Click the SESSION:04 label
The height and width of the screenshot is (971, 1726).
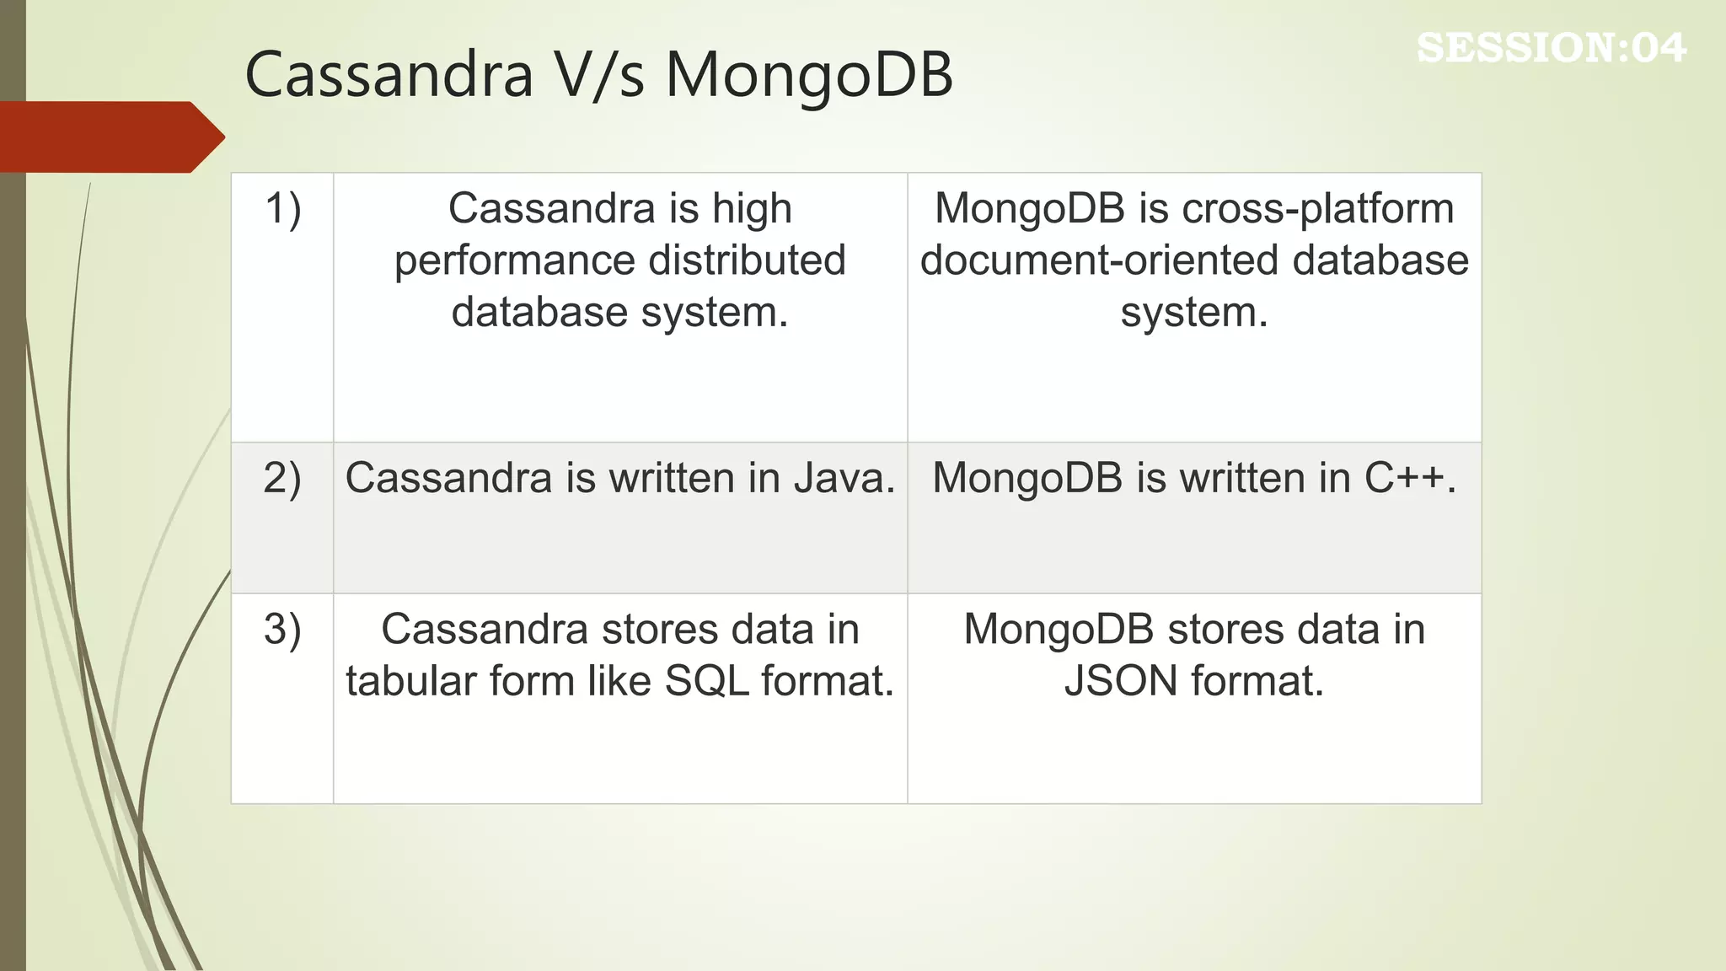tap(1551, 48)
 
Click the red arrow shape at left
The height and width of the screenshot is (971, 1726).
tap(110, 137)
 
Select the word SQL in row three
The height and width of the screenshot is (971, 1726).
tap(706, 681)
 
